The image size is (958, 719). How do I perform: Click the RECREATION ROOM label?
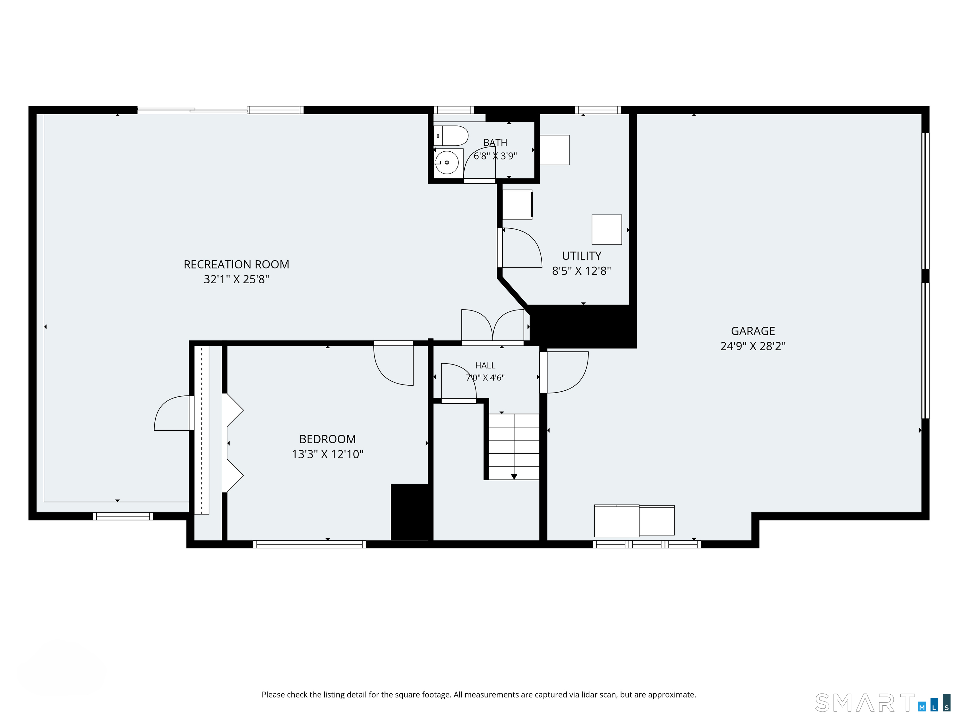pyautogui.click(x=236, y=264)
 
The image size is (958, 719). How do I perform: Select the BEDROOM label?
pyautogui.click(x=327, y=439)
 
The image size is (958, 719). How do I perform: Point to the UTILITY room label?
pyautogui.click(x=582, y=256)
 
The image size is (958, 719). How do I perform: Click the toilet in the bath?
pyautogui.click(x=451, y=136)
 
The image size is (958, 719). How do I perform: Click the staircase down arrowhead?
pyautogui.click(x=514, y=477)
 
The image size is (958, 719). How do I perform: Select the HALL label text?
pyautogui.click(x=485, y=365)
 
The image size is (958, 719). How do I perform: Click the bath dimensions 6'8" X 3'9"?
pyautogui.click(x=495, y=156)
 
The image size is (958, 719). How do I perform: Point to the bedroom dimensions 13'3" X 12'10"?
pyautogui.click(x=327, y=454)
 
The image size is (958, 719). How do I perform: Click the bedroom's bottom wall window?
pyautogui.click(x=309, y=544)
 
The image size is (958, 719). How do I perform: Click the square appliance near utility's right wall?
pyautogui.click(x=607, y=230)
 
